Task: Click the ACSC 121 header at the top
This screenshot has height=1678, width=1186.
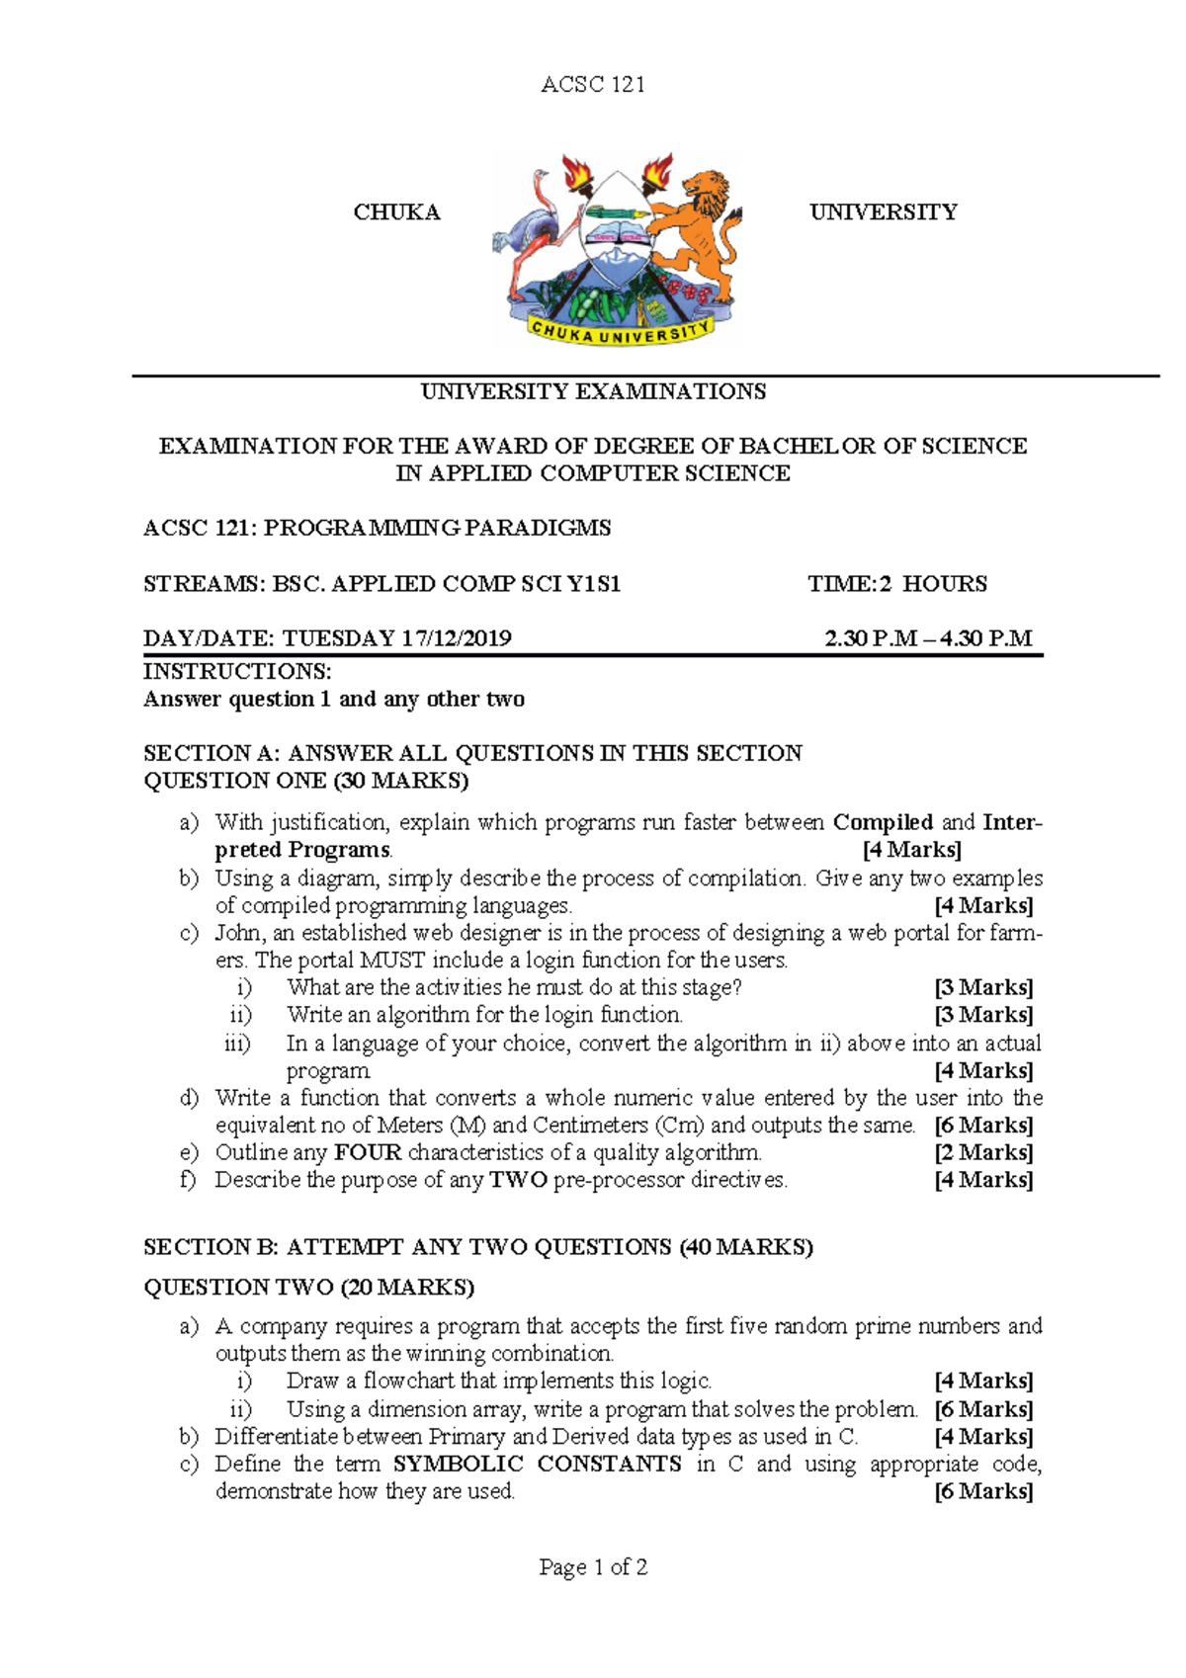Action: (592, 85)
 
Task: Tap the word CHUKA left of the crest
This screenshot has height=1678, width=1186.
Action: (396, 212)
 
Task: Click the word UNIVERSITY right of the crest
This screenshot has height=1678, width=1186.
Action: (883, 212)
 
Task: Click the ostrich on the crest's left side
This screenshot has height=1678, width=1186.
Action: (534, 232)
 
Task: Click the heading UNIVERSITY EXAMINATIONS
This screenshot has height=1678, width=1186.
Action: (593, 391)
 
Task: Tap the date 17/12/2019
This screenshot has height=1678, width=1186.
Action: (456, 638)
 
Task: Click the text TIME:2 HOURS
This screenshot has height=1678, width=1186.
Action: (896, 584)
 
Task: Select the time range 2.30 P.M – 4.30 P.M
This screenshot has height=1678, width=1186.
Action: (928, 638)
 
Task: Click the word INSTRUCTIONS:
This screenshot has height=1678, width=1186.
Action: (237, 672)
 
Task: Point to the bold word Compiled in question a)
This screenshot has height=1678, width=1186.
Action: (883, 822)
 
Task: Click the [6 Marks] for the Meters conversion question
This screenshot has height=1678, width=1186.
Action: (983, 1126)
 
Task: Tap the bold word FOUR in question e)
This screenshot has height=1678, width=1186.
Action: (368, 1152)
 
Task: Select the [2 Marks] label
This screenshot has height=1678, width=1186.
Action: (983, 1152)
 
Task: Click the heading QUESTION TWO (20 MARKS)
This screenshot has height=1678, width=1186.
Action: (308, 1288)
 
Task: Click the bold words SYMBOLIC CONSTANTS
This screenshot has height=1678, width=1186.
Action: (537, 1464)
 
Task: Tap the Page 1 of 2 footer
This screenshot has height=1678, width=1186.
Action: (593, 1567)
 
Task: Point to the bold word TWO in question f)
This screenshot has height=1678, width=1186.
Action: (518, 1180)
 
